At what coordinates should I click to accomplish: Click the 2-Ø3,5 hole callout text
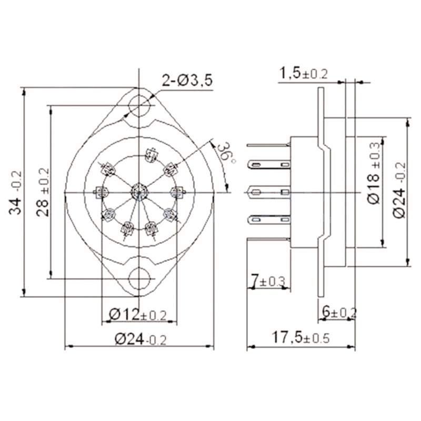click(x=186, y=81)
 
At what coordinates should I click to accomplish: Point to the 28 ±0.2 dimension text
click(x=43, y=192)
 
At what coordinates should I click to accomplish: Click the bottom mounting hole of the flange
click(x=139, y=278)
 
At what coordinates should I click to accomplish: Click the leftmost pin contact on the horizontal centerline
click(x=100, y=193)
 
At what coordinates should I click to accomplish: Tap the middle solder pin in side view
click(x=268, y=192)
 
